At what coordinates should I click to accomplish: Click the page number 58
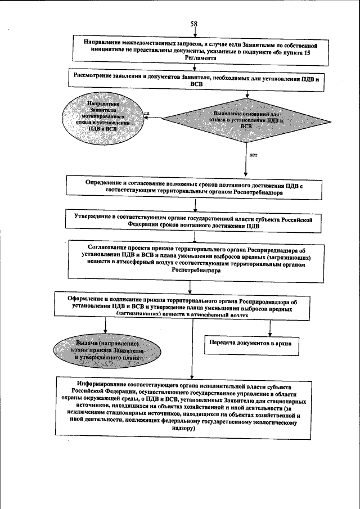coord(193,24)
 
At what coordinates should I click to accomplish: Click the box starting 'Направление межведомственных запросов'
coord(197,49)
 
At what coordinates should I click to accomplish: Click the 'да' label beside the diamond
coord(147,113)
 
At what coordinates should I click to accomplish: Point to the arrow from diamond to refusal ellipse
coord(154,119)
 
